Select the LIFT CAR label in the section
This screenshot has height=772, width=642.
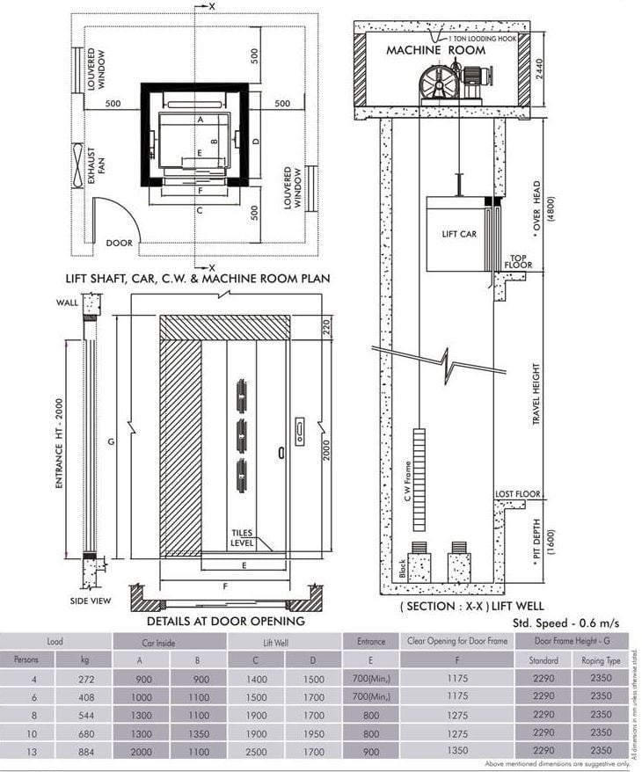click(x=459, y=235)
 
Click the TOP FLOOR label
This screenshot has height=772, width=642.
click(x=520, y=261)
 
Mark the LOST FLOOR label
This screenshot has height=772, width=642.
click(x=518, y=494)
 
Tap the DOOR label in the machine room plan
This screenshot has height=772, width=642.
click(x=119, y=243)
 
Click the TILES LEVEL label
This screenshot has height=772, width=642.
click(x=243, y=538)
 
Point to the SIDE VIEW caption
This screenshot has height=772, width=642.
click(x=91, y=601)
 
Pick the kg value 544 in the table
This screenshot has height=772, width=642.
click(x=84, y=714)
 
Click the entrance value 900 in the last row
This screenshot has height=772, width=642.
click(x=371, y=751)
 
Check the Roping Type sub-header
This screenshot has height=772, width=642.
click(x=602, y=659)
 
